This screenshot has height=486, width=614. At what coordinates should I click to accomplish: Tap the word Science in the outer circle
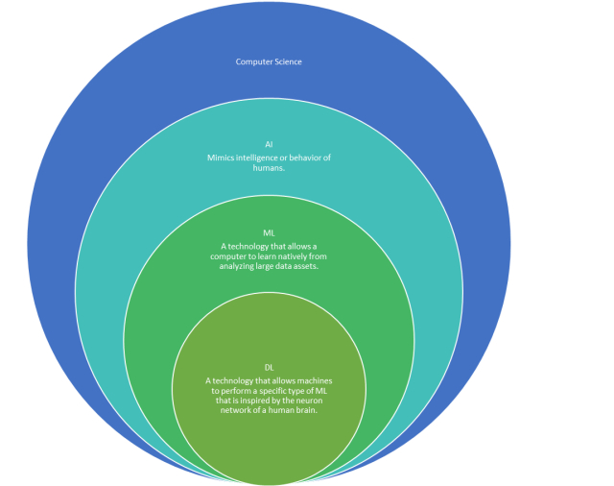pyautogui.click(x=287, y=62)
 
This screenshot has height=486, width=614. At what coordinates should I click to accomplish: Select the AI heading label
pyautogui.click(x=270, y=144)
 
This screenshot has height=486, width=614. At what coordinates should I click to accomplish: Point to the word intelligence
pyautogui.click(x=261, y=157)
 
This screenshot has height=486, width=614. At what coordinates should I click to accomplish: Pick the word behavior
pyautogui.click(x=311, y=157)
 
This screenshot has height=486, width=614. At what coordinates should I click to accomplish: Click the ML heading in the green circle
pyautogui.click(x=269, y=233)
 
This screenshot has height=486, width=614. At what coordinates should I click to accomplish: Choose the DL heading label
pyautogui.click(x=269, y=368)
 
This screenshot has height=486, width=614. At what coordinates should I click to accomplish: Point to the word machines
pyautogui.click(x=313, y=381)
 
